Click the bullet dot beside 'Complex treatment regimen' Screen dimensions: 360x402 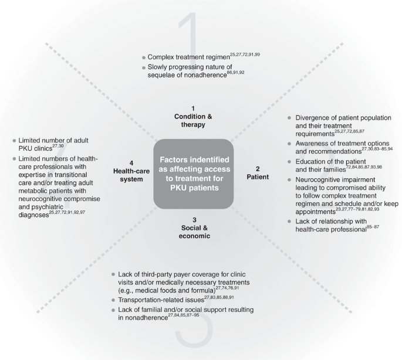144,57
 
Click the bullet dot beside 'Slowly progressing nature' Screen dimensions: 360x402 144,68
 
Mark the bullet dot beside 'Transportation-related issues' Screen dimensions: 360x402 113,299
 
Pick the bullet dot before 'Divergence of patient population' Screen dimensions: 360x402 288,118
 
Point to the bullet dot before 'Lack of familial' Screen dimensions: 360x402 113,310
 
